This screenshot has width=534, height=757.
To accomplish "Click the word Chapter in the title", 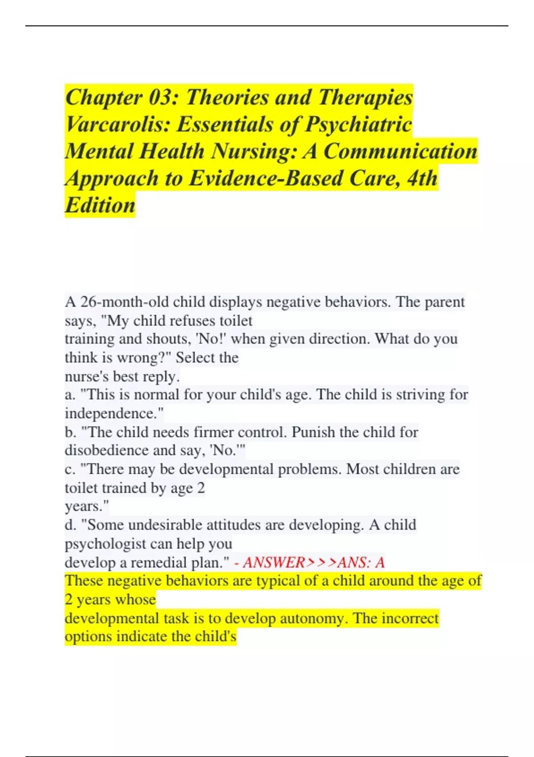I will coord(104,98).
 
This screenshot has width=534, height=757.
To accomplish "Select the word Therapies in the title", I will coord(366,98).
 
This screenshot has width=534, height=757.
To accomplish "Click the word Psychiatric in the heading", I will coord(358,124).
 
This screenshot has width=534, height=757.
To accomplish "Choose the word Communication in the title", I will coord(400,151).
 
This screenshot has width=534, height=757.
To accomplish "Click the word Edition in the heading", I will coord(100,205).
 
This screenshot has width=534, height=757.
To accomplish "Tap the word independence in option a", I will coord(112,413).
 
